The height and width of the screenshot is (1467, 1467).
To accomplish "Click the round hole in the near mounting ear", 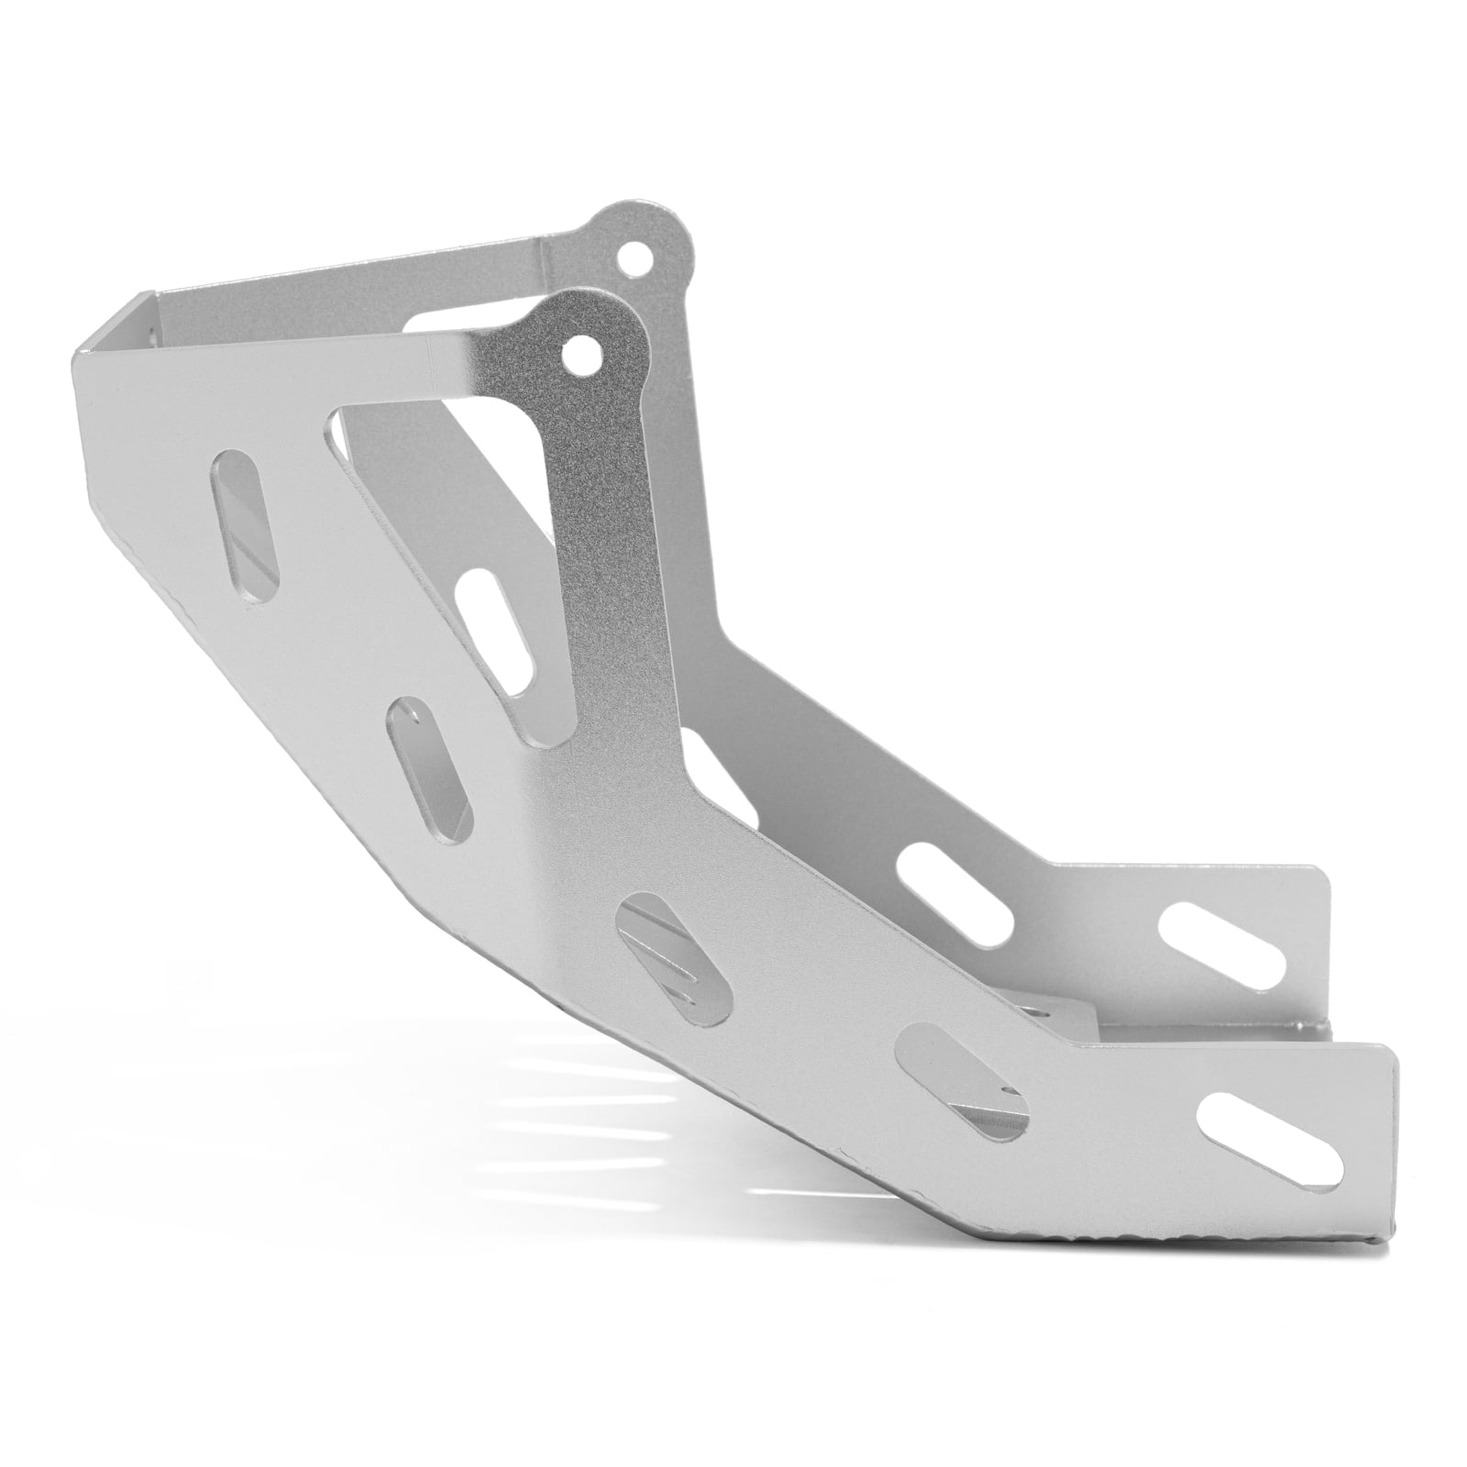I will click(579, 350).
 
